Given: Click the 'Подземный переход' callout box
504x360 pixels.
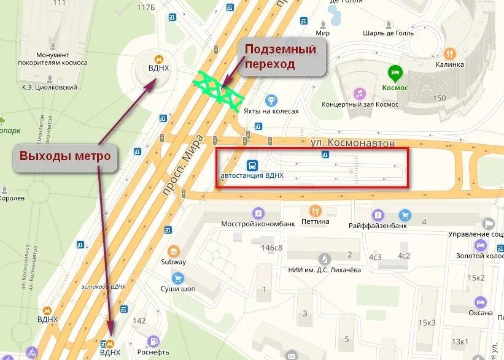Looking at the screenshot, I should pos(282,57).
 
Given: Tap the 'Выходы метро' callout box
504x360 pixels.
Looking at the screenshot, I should pos(65,156).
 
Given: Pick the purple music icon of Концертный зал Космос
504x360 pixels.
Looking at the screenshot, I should pos(360,93).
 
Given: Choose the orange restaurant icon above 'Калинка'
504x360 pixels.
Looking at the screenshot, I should pos(450,54).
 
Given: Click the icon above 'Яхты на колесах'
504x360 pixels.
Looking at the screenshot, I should pos(271,100).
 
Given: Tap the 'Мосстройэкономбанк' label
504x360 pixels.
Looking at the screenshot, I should pos(258,223).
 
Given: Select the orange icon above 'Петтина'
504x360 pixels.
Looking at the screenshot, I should pos(316,210).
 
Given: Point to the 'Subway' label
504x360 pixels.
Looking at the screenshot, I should pos(174,262).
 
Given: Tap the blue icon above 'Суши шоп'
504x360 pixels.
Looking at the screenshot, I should pos(178,278).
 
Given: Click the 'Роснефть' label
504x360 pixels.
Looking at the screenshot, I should pos(153,352).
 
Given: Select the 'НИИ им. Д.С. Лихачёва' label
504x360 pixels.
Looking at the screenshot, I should pos(324,270).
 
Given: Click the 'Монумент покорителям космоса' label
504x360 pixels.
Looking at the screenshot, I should pos(61,59).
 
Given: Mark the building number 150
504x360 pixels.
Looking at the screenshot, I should pos(439,98).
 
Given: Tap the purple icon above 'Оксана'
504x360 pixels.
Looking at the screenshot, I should pos(480,302).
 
